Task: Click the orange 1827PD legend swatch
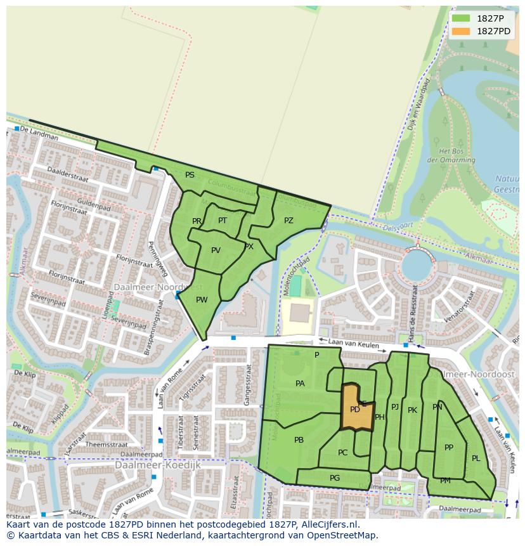[x=461, y=31]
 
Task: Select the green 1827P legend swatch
[x=461, y=19]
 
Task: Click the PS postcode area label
[x=190, y=175]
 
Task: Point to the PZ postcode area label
[x=288, y=221]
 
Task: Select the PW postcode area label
[x=202, y=300]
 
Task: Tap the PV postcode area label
[x=216, y=250]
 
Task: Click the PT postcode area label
[x=223, y=221]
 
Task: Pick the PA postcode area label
[x=300, y=384]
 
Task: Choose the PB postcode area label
[x=299, y=440]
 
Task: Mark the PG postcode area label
[x=335, y=478]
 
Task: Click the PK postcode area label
[x=412, y=410]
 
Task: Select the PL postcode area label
[x=476, y=458]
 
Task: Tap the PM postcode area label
[x=445, y=481]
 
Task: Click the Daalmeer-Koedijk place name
[x=158, y=465]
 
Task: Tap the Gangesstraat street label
[x=246, y=387]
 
